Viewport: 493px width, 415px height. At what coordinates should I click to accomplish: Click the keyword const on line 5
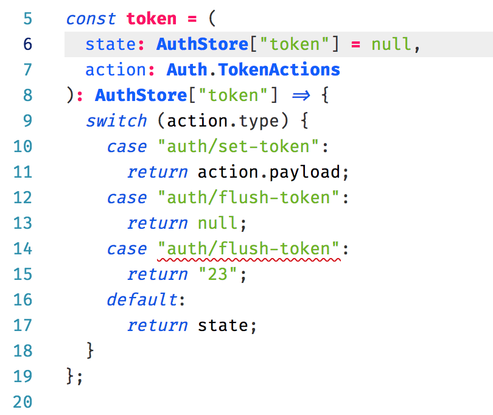91,19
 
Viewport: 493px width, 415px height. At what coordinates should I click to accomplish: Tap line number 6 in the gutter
27,44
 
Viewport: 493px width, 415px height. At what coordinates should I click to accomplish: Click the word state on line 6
110,44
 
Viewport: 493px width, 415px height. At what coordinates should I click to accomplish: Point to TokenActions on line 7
279,69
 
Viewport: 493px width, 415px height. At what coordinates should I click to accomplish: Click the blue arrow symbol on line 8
301,96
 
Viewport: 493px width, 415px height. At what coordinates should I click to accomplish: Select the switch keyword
116,120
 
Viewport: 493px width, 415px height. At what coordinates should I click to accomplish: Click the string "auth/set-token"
238,147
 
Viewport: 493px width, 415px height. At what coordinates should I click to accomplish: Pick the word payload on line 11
304,173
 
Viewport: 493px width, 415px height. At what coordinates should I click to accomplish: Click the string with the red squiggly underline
248,249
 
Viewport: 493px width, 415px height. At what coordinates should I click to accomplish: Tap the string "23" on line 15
217,274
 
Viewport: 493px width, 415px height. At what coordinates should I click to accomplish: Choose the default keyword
142,299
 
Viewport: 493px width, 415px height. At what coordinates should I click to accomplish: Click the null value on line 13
217,223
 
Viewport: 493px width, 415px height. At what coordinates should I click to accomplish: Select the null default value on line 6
391,44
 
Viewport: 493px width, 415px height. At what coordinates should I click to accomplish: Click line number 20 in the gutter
23,402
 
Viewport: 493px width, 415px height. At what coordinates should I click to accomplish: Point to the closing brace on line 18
90,350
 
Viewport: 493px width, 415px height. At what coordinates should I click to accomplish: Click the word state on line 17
223,326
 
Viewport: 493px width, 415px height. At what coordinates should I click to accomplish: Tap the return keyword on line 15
157,274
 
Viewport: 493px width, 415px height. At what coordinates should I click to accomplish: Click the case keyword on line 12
127,198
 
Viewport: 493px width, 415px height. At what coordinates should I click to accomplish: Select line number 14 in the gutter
23,249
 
